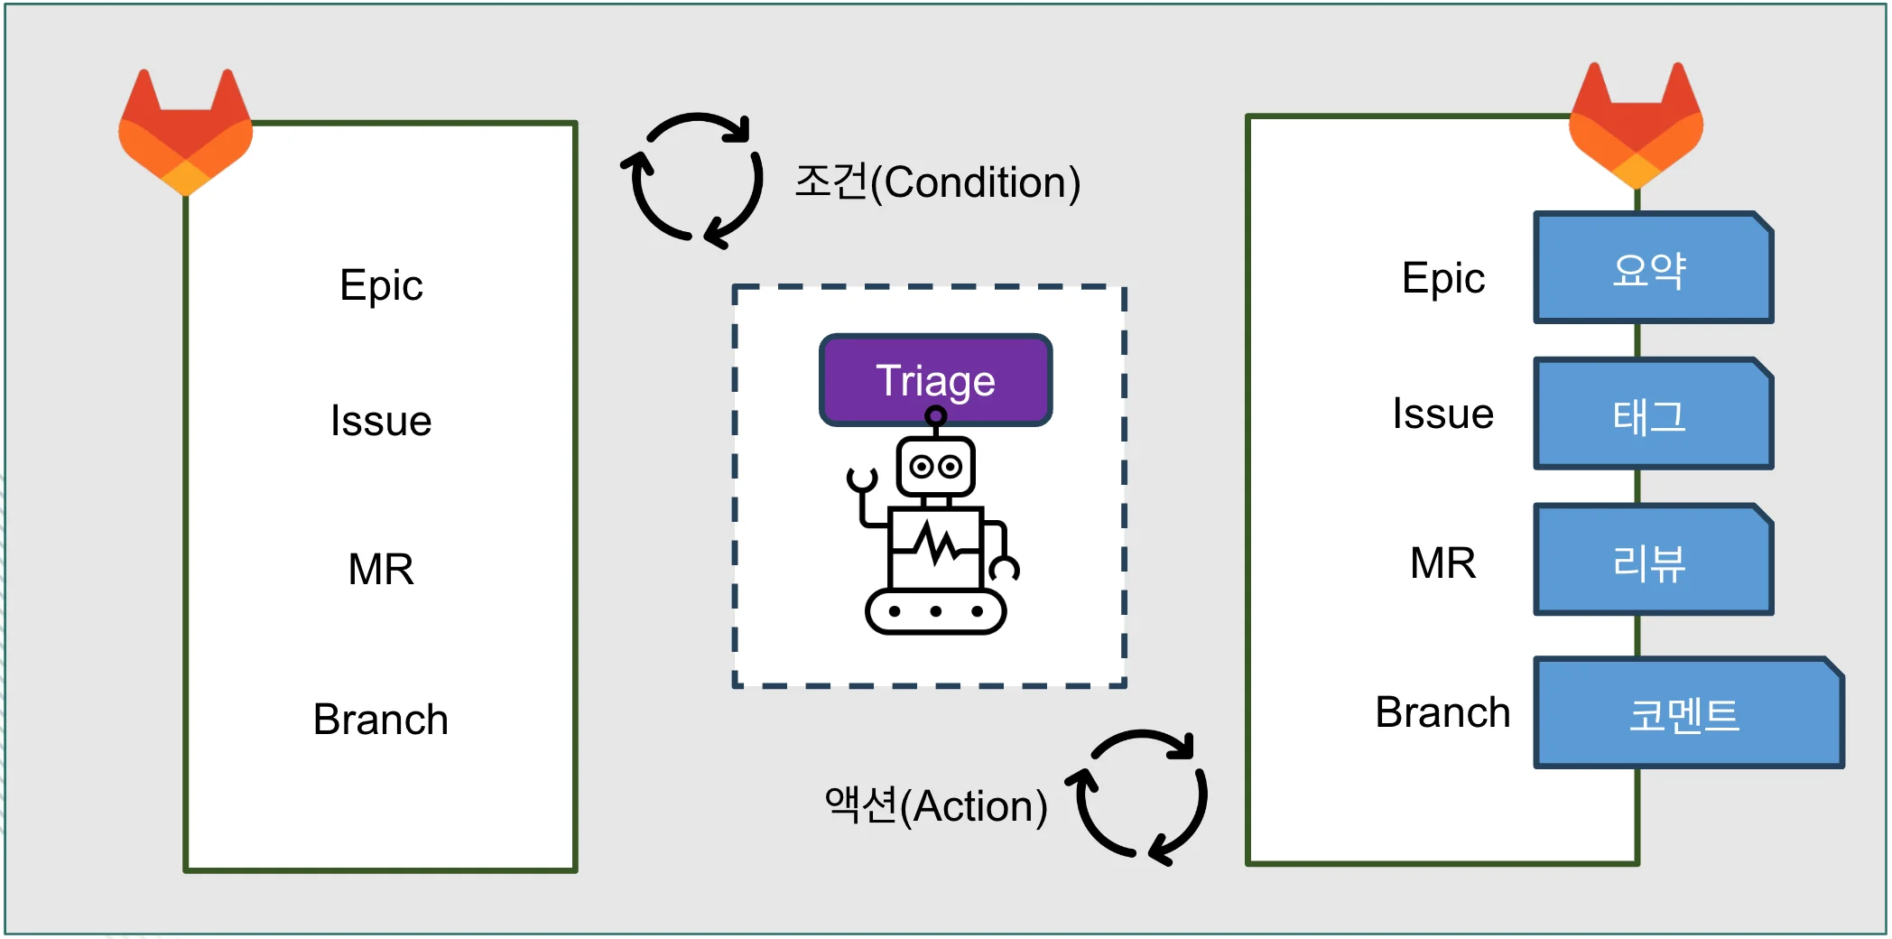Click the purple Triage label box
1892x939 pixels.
click(x=935, y=380)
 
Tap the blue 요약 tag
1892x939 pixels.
click(x=1652, y=269)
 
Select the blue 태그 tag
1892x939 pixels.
click(x=1652, y=415)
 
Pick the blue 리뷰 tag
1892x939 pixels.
click(x=1652, y=562)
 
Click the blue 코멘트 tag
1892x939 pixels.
click(x=1686, y=714)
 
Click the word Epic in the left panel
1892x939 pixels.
click(x=381, y=286)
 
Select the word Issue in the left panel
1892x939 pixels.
click(x=381, y=422)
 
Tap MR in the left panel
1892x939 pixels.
click(x=381, y=570)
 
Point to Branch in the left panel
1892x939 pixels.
click(x=381, y=720)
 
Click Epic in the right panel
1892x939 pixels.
click(x=1442, y=278)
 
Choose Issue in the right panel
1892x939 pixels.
click(x=1442, y=414)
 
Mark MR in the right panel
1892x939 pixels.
click(x=1442, y=563)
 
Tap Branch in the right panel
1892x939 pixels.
click(x=1442, y=713)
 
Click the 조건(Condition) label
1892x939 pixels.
click(x=937, y=182)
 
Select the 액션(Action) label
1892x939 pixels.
click(x=936, y=805)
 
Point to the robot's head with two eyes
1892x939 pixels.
click(x=935, y=467)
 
